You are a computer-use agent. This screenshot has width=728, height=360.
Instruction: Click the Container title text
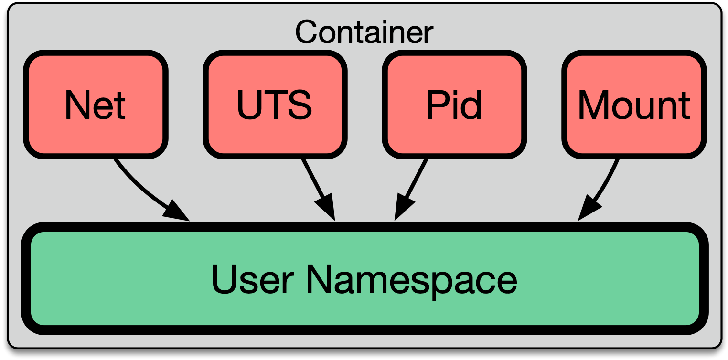pos(364,32)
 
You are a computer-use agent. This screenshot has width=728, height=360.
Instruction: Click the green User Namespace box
pos(364,306)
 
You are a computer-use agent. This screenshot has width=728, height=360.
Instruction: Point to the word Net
pos(96,105)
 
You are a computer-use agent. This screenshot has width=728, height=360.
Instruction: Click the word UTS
pos(275,105)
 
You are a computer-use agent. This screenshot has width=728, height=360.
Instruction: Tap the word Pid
pos(454,105)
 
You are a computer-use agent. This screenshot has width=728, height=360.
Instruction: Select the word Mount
pos(634,105)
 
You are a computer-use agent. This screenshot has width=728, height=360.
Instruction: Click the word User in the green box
pos(252,279)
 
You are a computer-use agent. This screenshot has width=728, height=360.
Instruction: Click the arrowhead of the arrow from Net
pos(176,212)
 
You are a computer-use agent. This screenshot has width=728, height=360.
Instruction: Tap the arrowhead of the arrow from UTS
pos(326,209)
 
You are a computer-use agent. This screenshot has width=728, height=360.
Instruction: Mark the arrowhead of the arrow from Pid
pos(402,209)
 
